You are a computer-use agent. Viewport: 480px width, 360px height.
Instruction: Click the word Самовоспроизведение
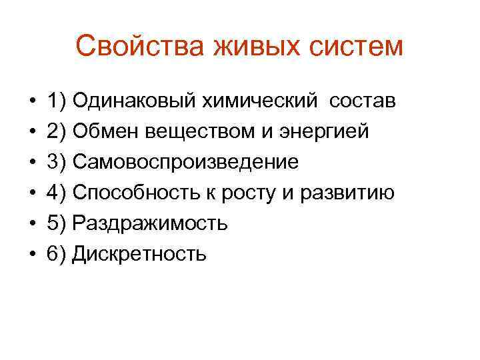185,162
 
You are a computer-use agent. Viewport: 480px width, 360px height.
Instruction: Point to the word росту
249,193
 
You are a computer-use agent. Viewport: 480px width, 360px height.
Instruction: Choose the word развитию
348,193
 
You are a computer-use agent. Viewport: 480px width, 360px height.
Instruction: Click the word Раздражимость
150,223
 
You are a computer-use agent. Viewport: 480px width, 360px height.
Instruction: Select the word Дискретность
139,254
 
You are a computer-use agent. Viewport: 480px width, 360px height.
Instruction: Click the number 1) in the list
56,101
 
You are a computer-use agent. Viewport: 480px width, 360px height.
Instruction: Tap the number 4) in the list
56,193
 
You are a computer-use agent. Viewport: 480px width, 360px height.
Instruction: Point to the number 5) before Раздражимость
56,223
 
